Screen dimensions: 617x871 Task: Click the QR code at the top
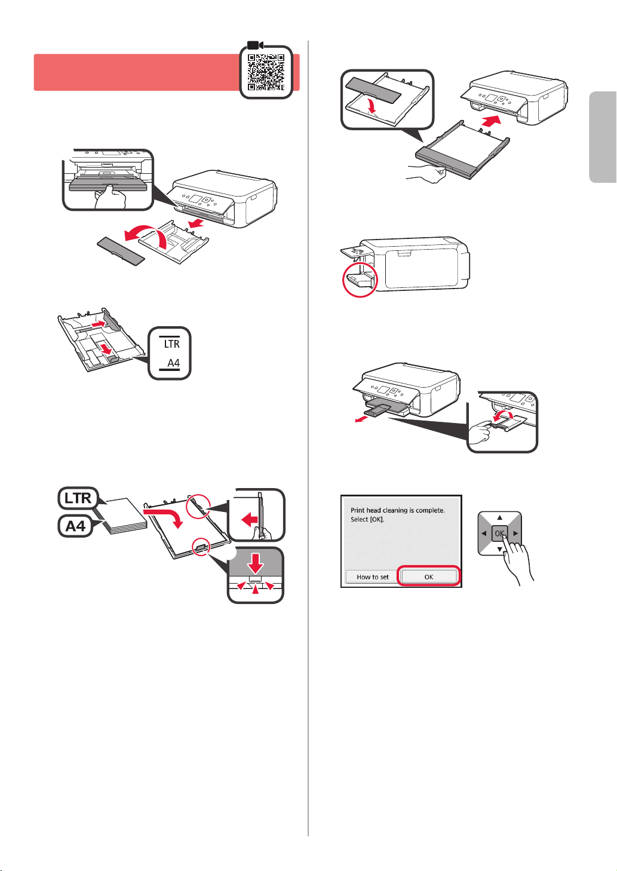tap(266, 72)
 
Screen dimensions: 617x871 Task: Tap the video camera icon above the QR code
tap(256, 45)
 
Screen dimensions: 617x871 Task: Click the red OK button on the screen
tap(428, 576)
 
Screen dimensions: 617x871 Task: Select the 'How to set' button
tap(373, 577)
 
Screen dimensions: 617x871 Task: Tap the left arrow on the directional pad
tap(484, 533)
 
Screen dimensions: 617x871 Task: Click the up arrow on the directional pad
tap(499, 517)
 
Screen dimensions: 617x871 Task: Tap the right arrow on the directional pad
tap(515, 533)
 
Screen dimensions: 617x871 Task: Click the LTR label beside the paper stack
tap(78, 498)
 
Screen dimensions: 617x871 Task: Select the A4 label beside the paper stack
tap(75, 526)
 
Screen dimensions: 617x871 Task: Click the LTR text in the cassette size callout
tap(172, 344)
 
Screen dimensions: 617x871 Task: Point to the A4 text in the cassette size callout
tap(173, 363)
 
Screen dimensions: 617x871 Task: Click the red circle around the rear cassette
tap(360, 279)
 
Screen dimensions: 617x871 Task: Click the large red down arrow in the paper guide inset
tap(255, 563)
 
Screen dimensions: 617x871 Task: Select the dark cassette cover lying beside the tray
tap(121, 251)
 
